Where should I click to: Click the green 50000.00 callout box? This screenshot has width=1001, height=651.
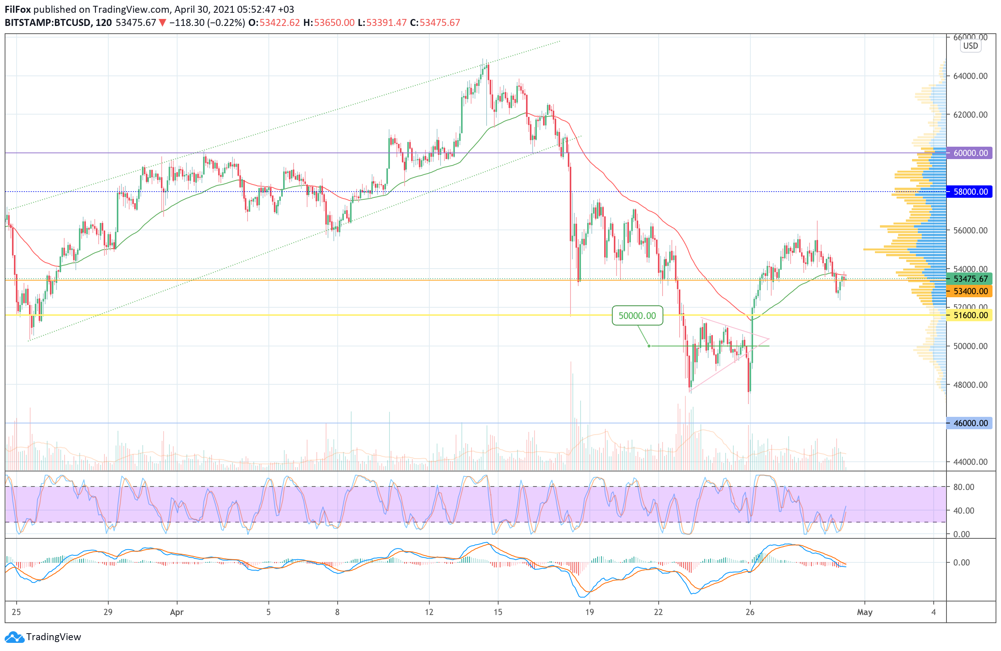coord(637,315)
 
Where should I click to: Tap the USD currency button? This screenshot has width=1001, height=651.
coord(970,46)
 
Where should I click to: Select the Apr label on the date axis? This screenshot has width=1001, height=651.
coord(177,612)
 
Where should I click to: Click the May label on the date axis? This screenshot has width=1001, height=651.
coord(864,612)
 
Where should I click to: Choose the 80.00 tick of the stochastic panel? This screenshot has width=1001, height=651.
coord(963,487)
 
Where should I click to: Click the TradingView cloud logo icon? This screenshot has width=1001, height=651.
coord(15,637)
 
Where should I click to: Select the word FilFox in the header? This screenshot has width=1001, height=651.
coord(18,9)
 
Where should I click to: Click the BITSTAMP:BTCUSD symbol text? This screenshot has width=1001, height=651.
coord(48,23)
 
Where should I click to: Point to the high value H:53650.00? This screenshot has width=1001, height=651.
coord(329,23)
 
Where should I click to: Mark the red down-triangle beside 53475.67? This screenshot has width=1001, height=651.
coord(163,23)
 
